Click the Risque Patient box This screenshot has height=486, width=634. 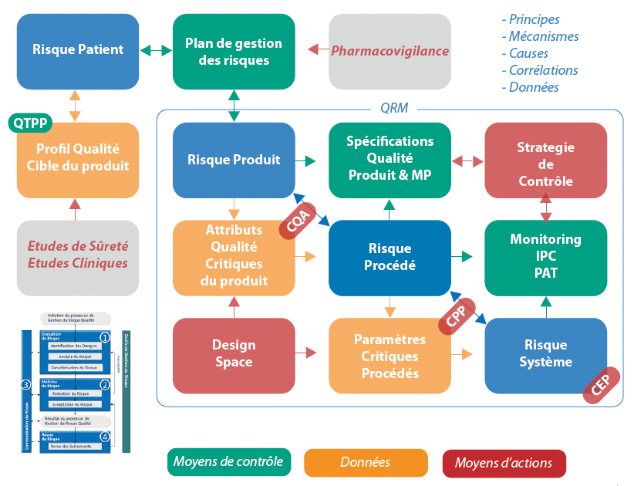click(x=78, y=50)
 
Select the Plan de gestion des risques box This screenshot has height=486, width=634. click(x=234, y=50)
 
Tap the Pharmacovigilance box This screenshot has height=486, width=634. click(x=390, y=51)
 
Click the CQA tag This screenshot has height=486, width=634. click(x=297, y=222)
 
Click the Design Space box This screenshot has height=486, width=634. click(x=234, y=353)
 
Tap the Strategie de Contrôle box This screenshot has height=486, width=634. click(x=545, y=164)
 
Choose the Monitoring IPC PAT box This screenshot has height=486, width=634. click(x=545, y=257)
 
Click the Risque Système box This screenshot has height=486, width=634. click(x=545, y=354)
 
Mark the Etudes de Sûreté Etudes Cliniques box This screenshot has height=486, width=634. click(x=78, y=255)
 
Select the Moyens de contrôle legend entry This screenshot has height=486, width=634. click(x=229, y=462)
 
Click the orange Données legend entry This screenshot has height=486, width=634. click(x=366, y=463)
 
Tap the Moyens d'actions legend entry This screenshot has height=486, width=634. click(x=504, y=463)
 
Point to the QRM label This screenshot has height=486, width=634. click(x=394, y=109)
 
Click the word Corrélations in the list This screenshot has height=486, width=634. click(x=543, y=70)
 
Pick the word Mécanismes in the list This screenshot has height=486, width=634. click(x=544, y=36)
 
